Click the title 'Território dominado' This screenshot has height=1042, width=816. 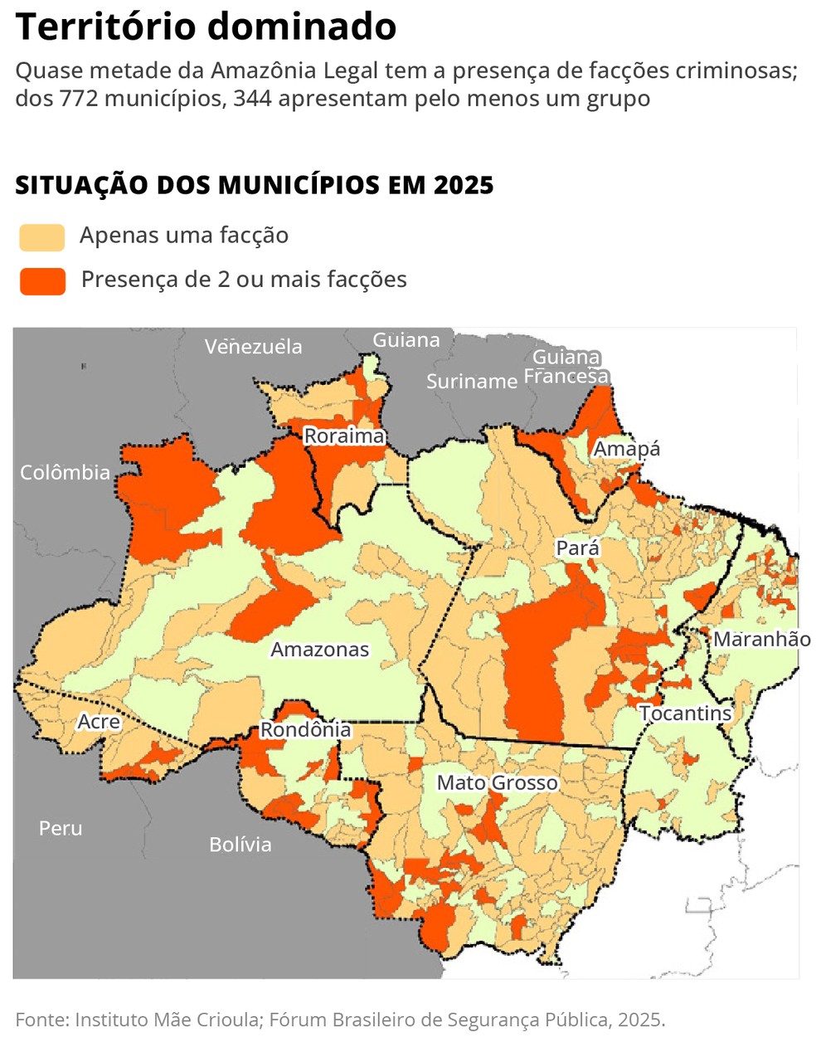pyautogui.click(x=206, y=27)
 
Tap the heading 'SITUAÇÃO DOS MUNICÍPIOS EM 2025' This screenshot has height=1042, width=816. pyautogui.click(x=254, y=185)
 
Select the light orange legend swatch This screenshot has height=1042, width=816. pyautogui.click(x=42, y=237)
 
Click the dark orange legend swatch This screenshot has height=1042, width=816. pyautogui.click(x=42, y=281)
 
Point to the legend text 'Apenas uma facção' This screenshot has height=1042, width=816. pyautogui.click(x=184, y=236)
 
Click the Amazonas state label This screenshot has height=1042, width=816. pyautogui.click(x=320, y=650)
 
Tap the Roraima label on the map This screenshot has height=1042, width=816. pyautogui.click(x=344, y=436)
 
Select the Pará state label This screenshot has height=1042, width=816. pyautogui.click(x=577, y=548)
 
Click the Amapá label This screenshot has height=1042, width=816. pyautogui.click(x=627, y=449)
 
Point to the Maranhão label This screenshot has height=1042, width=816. pyautogui.click(x=761, y=639)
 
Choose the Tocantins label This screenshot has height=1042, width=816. pyautogui.click(x=685, y=713)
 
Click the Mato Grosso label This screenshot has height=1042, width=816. pyautogui.click(x=497, y=782)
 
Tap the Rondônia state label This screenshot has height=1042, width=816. pyautogui.click(x=305, y=729)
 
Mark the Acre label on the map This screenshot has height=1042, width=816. pyautogui.click(x=99, y=722)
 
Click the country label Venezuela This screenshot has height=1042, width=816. pyautogui.click(x=253, y=347)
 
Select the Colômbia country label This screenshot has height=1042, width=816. pyautogui.click(x=65, y=472)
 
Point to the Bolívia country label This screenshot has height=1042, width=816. pyautogui.click(x=240, y=845)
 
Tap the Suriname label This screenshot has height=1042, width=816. pyautogui.click(x=471, y=382)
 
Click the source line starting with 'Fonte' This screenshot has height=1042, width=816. pyautogui.click(x=340, y=1020)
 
